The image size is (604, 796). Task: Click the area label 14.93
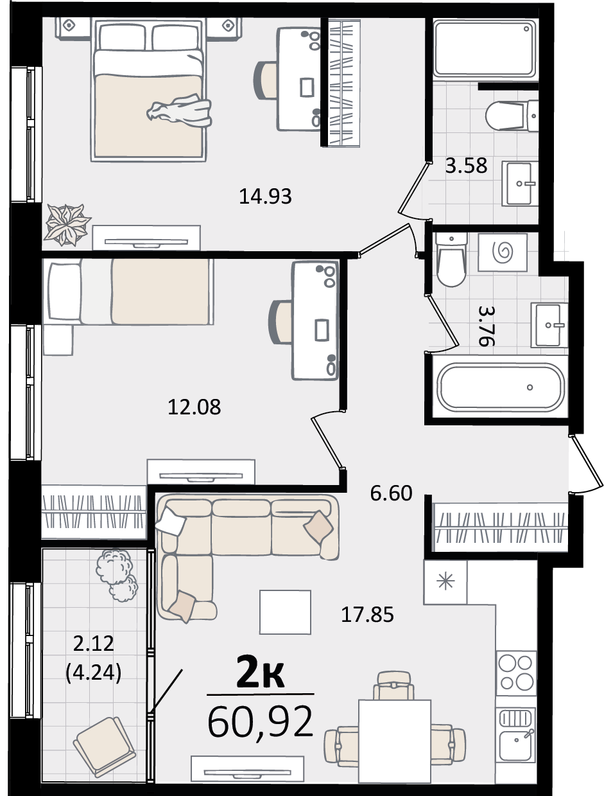pyautogui.click(x=265, y=197)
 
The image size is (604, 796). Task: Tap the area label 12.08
pyautogui.click(x=194, y=407)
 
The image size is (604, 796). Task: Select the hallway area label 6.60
pyautogui.click(x=392, y=493)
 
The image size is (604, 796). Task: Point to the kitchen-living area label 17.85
pyautogui.click(x=367, y=615)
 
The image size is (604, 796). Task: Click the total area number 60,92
pyautogui.click(x=260, y=721)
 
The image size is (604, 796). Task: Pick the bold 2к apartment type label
pyautogui.click(x=260, y=673)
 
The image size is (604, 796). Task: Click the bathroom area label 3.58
pyautogui.click(x=466, y=166)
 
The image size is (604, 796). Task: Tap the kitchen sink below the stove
pyautogui.click(x=516, y=734)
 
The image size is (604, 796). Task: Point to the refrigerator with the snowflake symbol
pyautogui.click(x=445, y=582)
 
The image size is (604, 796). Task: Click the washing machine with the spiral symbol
pyautogui.click(x=503, y=252)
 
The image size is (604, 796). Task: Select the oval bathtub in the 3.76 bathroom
pyautogui.click(x=501, y=387)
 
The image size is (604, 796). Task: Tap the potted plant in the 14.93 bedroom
pyautogui.click(x=67, y=225)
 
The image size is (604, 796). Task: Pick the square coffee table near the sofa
pyautogui.click(x=285, y=612)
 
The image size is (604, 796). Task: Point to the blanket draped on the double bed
pyautogui.click(x=179, y=111)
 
